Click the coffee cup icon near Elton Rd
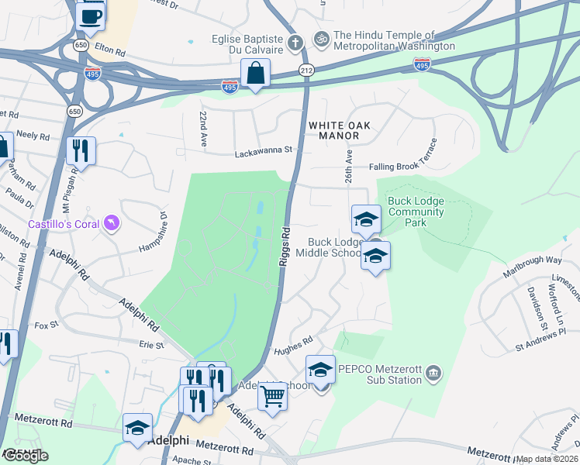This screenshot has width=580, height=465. click(x=91, y=15)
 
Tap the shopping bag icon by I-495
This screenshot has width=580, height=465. click(x=255, y=74)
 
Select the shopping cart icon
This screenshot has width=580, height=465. click(x=272, y=395)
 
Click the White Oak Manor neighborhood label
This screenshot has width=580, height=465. click(x=340, y=129)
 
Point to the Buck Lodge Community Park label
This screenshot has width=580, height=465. click(x=417, y=212)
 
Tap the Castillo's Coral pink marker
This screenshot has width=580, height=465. click(x=114, y=224)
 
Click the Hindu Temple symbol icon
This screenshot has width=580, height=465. click(x=321, y=37)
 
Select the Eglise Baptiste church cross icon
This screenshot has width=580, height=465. click(x=295, y=41)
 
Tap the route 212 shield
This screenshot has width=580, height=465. click(x=307, y=71)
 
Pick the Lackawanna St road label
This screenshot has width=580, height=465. click(x=268, y=152)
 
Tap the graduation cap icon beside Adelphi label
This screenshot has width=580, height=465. click(x=138, y=428)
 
